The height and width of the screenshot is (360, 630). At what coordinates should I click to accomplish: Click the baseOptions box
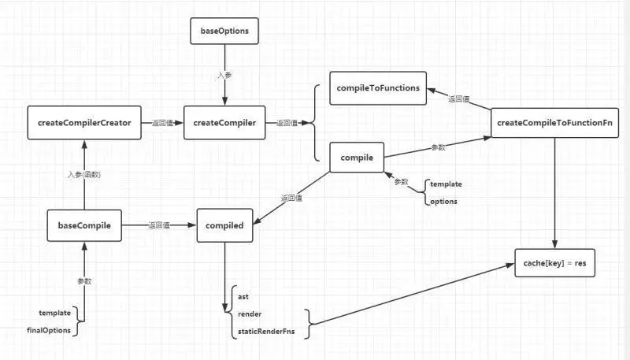click(224, 32)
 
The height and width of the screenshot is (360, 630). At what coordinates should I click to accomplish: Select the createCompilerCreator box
click(84, 122)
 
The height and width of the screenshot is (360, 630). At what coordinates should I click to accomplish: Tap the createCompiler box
click(224, 122)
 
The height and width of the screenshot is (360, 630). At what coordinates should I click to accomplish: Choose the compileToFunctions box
click(378, 87)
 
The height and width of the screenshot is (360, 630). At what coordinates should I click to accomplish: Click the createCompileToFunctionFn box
click(555, 123)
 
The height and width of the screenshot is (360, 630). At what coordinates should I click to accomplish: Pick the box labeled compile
click(356, 158)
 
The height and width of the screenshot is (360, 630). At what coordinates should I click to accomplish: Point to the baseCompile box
click(84, 226)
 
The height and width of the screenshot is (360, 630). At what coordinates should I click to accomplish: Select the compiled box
click(224, 226)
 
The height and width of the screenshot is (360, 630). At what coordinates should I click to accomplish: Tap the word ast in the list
click(243, 296)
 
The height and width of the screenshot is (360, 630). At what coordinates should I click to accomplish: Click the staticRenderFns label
click(269, 332)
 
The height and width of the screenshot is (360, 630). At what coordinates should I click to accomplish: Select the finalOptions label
click(49, 330)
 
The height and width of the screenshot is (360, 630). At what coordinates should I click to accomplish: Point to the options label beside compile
click(444, 201)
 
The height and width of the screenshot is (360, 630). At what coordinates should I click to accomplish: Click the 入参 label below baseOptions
click(224, 76)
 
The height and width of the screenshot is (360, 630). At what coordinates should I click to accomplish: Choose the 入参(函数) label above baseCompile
click(83, 175)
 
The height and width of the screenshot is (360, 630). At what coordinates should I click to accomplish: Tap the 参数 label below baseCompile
click(84, 281)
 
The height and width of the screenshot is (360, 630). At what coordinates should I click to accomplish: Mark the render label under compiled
click(250, 314)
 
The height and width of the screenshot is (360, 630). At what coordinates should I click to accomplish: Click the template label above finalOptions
click(54, 313)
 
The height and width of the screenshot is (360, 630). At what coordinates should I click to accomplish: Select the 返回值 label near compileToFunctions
click(459, 99)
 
